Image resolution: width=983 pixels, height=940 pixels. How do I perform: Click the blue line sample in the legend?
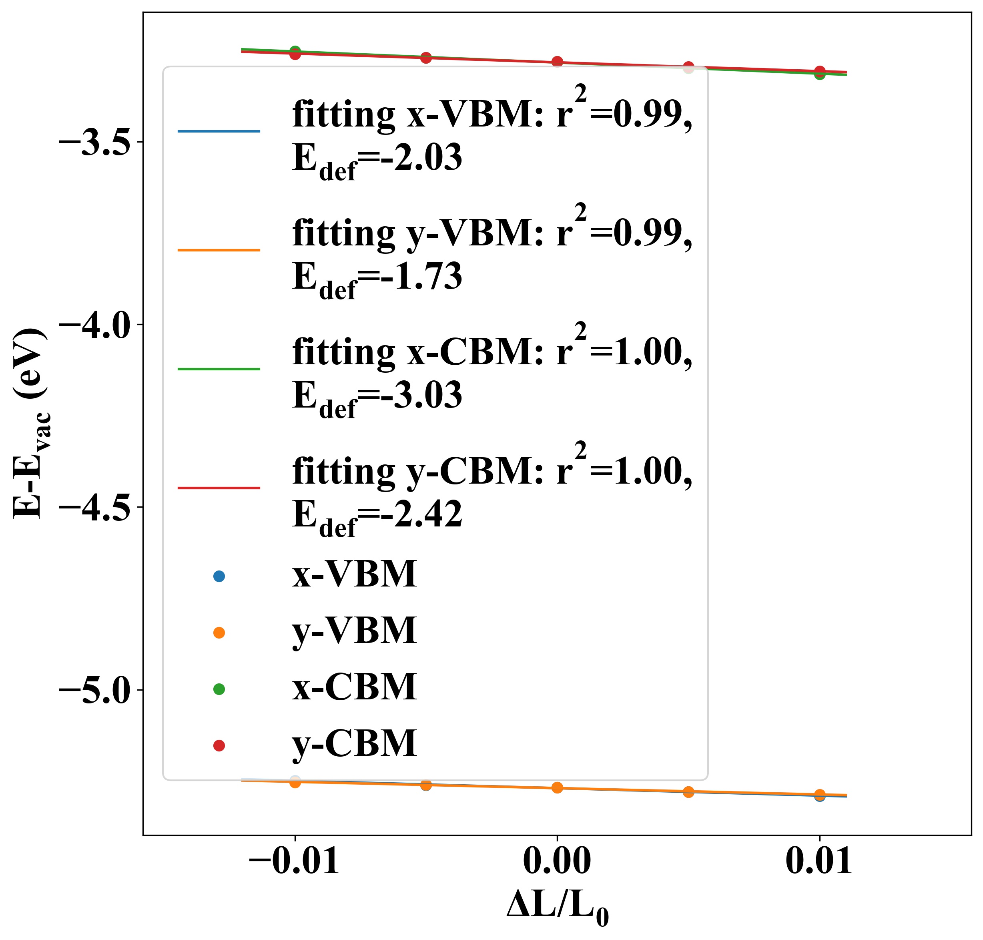point(219,131)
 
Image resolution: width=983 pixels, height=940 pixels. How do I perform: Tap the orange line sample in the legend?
point(219,249)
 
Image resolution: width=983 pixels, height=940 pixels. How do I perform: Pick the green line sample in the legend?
point(219,369)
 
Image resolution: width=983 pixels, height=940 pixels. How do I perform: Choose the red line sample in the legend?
point(219,488)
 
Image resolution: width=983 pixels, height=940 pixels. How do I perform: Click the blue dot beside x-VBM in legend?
point(219,576)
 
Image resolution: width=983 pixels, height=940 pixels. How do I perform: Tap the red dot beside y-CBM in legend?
point(219,745)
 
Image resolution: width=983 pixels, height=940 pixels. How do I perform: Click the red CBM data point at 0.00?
point(557,62)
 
